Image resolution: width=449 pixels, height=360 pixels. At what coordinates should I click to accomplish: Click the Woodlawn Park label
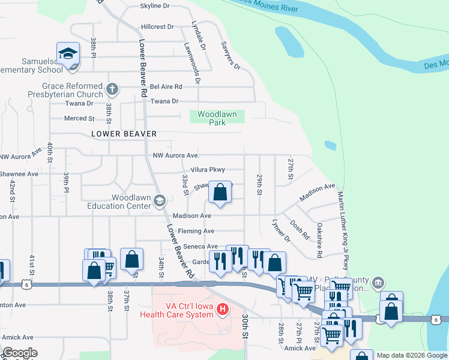[217, 118]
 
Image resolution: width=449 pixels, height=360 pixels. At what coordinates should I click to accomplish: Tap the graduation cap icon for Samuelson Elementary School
[68, 54]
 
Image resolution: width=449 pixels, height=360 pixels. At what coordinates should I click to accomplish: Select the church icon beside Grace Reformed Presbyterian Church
[111, 90]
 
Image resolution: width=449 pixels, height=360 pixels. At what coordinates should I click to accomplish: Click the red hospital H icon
[223, 310]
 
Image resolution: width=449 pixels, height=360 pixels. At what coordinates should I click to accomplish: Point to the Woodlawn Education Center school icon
[160, 201]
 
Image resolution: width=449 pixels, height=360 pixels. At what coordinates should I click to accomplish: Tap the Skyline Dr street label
[155, 6]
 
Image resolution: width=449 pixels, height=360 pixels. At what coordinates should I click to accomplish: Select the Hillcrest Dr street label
[157, 27]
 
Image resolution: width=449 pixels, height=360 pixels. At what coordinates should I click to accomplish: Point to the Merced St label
[80, 119]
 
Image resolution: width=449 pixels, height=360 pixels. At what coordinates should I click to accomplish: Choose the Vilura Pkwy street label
[207, 170]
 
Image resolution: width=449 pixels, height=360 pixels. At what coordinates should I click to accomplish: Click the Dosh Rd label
[298, 229]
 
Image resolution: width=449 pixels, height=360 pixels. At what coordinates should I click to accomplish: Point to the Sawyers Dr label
[230, 56]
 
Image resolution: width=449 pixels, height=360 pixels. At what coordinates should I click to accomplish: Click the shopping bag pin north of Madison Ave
[220, 193]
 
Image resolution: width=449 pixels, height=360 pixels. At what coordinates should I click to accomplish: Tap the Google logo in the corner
[20, 353]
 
